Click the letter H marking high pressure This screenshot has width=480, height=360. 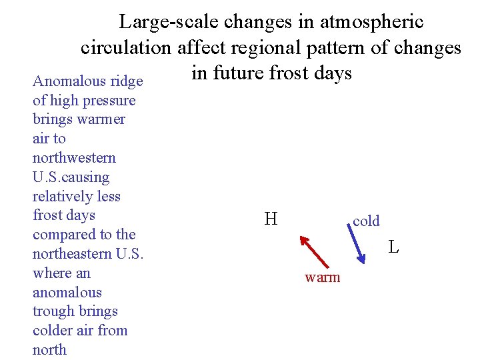pyautogui.click(x=271, y=219)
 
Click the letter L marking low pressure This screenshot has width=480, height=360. pyautogui.click(x=394, y=247)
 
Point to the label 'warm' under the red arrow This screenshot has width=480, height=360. pyautogui.click(x=322, y=277)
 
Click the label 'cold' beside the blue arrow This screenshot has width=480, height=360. pyautogui.click(x=366, y=221)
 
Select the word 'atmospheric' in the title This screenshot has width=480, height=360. pyautogui.click(x=371, y=22)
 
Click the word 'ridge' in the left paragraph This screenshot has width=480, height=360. pyautogui.click(x=126, y=81)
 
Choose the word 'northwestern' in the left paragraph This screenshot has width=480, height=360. pyautogui.click(x=74, y=158)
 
